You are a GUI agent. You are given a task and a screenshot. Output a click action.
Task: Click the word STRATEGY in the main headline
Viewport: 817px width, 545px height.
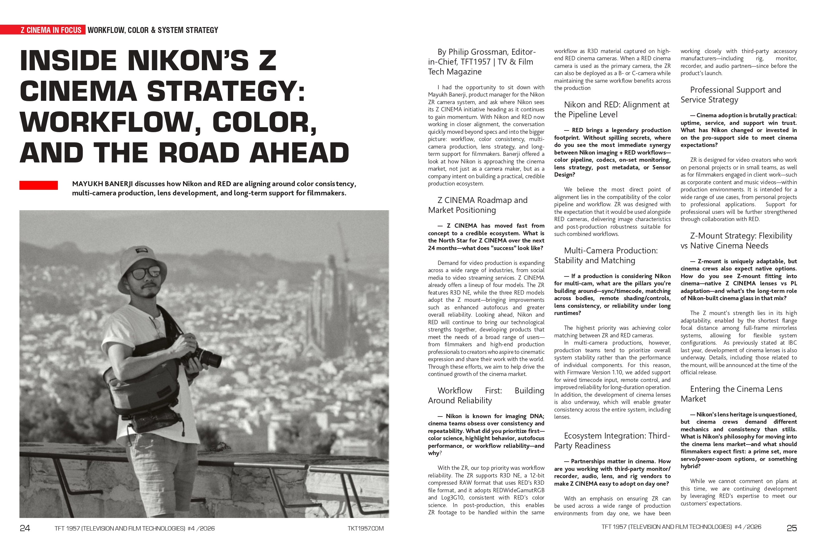pyautogui.click(x=226, y=91)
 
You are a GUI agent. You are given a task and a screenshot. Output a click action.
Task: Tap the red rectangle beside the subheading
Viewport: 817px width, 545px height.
pyautogui.click(x=38, y=185)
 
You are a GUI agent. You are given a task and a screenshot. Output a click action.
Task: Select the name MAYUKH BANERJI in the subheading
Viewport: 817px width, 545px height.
pyautogui.click(x=102, y=184)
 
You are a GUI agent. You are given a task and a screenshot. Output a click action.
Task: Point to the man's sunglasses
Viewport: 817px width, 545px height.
pyautogui.click(x=145, y=273)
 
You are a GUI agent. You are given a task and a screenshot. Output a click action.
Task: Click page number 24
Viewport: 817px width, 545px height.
pyautogui.click(x=25, y=528)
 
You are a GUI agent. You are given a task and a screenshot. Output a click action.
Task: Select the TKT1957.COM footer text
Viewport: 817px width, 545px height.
pyautogui.click(x=366, y=528)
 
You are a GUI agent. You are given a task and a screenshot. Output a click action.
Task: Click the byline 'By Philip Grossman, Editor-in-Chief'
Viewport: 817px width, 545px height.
pyautogui.click(x=482, y=62)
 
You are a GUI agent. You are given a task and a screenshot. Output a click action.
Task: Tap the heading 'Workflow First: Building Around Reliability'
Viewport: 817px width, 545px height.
pyautogui.click(x=486, y=395)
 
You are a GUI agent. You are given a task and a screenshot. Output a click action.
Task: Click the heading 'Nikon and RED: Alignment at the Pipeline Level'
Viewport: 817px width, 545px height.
pyautogui.click(x=612, y=109)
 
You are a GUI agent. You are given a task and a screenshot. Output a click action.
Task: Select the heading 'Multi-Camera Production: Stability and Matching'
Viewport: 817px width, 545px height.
pyautogui.click(x=606, y=255)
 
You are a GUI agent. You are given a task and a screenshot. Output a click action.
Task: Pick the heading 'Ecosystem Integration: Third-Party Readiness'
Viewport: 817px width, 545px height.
pyautogui.click(x=612, y=441)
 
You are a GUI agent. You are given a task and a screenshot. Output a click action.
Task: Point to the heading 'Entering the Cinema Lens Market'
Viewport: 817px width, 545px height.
pyautogui.click(x=731, y=394)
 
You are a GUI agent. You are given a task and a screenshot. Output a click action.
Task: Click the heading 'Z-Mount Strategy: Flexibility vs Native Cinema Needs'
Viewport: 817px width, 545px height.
pyautogui.click(x=736, y=241)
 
